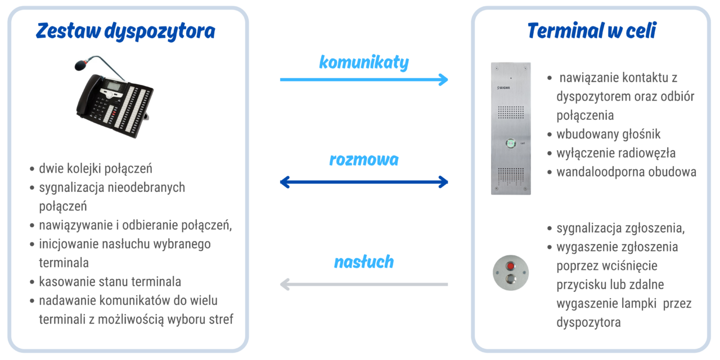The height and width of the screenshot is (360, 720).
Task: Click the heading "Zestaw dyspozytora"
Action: click(125, 31)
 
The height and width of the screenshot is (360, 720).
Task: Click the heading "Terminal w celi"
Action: click(592, 30)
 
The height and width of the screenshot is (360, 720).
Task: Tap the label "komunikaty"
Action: click(364, 62)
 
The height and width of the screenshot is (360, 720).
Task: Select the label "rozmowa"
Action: click(364, 160)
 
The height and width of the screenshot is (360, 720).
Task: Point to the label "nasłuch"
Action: click(364, 262)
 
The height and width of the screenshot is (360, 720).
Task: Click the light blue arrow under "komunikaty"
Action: click(364, 79)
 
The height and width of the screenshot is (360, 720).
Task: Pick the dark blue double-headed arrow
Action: click(364, 182)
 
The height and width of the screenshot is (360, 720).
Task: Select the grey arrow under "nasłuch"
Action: click(364, 284)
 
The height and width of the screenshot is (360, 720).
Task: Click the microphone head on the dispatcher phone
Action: click(81, 65)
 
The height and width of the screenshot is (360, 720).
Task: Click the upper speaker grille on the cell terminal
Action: click(511, 112)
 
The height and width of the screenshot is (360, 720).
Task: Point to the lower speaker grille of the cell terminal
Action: click(511, 177)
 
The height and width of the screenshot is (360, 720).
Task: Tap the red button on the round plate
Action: click(510, 266)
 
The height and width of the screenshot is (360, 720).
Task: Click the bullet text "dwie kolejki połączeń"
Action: click(96, 168)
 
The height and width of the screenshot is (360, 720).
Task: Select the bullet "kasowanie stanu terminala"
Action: click(110, 282)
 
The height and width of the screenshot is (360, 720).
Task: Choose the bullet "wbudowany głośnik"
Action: click(609, 134)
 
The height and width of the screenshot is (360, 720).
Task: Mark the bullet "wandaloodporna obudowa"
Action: click(627, 172)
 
